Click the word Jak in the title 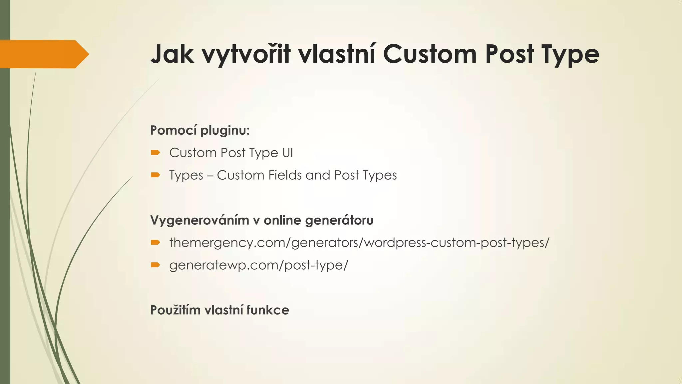coord(172,54)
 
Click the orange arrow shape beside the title coord(43,54)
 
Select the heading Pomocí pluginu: coord(200,130)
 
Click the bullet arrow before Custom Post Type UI coord(156,153)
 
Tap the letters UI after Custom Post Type coord(288,153)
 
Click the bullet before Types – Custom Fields coord(156,175)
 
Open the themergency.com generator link coord(359,242)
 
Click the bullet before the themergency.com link coord(156,242)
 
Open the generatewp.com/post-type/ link coord(258,265)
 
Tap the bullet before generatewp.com coord(156,265)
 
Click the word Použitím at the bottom coord(175,310)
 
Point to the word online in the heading coord(282,220)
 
